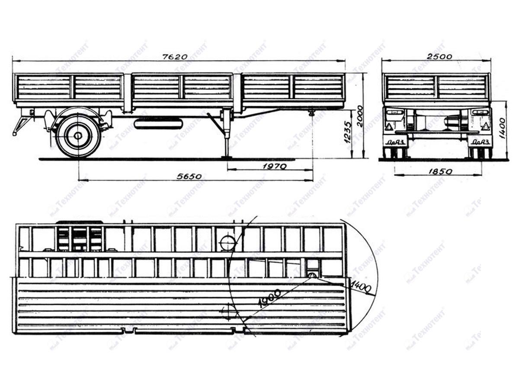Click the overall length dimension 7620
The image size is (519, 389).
175,57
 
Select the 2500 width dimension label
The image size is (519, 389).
440,56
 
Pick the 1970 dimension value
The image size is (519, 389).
275,166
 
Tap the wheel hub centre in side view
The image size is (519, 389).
78,136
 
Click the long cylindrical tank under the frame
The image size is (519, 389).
158,124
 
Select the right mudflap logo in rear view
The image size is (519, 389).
481,141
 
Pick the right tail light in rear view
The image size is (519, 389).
480,112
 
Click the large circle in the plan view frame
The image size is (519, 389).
227,243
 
